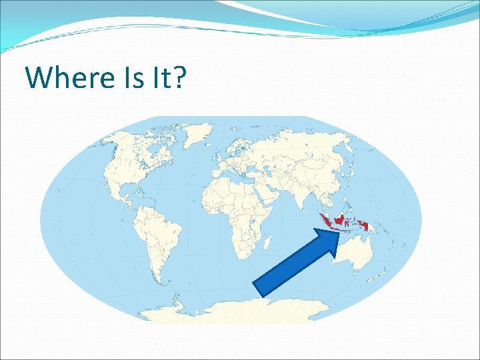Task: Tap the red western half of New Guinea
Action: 364,226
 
